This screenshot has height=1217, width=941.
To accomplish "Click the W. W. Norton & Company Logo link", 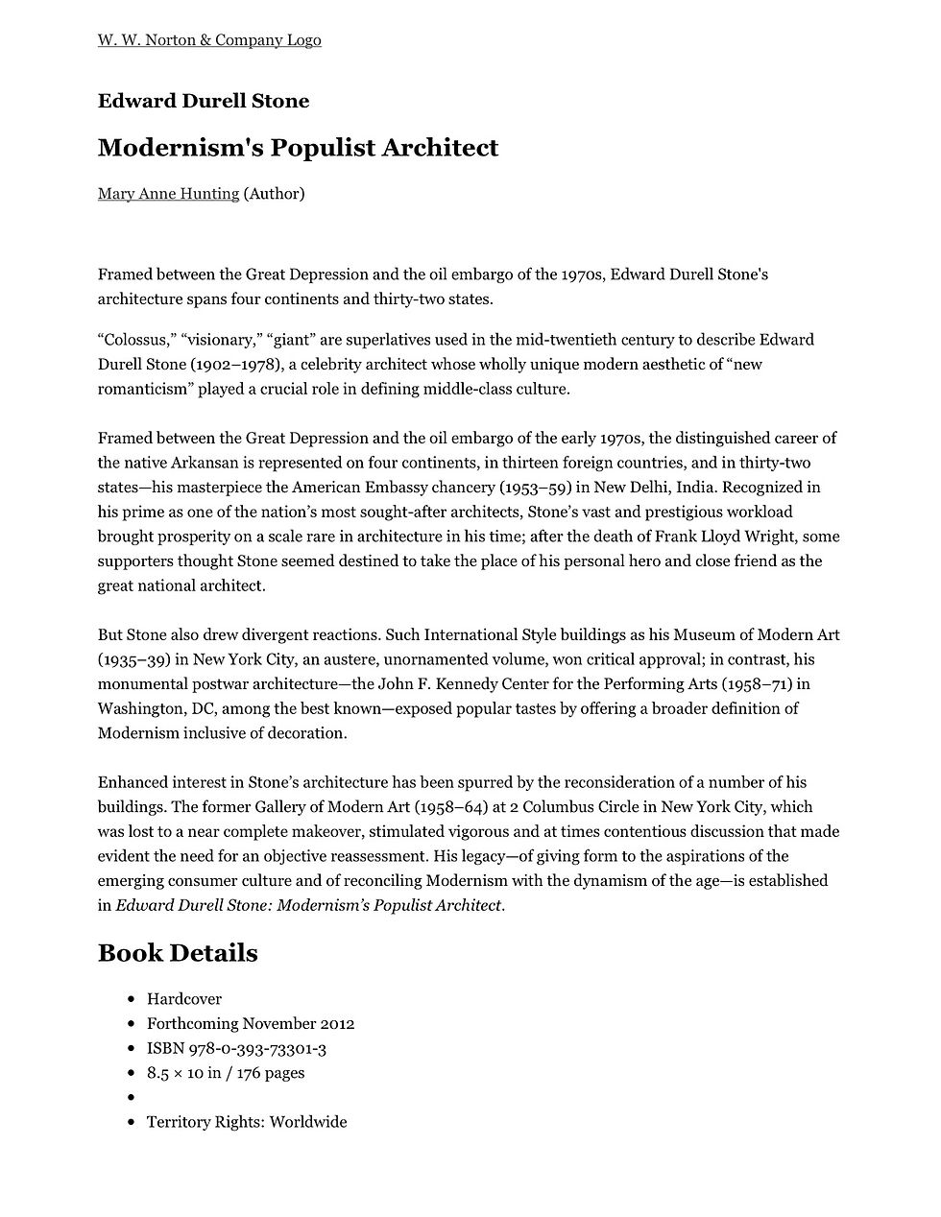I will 209,40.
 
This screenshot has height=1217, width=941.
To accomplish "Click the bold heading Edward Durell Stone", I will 204,101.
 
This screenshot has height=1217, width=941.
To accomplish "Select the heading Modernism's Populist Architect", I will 298,148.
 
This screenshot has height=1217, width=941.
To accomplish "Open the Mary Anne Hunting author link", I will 168,194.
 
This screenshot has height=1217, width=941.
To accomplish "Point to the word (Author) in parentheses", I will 275,194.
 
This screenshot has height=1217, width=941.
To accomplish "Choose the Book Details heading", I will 178,953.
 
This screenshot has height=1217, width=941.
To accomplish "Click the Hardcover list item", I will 184,999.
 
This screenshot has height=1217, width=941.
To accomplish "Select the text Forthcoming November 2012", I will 251,1024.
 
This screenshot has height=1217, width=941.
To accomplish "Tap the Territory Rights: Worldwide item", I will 246,1122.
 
